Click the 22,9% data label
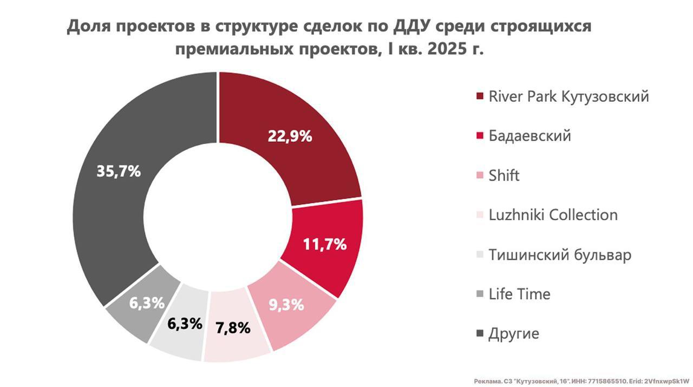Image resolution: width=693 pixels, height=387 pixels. tap(290, 136)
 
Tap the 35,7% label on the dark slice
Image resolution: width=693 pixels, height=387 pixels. tap(119, 171)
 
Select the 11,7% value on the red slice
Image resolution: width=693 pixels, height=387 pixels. tap(325, 245)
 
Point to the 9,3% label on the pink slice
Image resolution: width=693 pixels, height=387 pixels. tap(286, 305)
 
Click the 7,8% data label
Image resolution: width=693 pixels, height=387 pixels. tap(233, 327)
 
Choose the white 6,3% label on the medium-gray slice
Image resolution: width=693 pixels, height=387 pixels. tap(147, 303)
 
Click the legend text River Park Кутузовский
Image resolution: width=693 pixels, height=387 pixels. tap(568, 97)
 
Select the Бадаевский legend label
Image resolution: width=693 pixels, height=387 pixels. tap(529, 136)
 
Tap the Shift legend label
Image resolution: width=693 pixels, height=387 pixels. tap(504, 175)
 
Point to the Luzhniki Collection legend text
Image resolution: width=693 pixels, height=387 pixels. tap(553, 215)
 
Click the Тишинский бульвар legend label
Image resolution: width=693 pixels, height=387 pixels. tap(560, 254)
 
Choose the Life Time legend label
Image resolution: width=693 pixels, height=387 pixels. tap(519, 294)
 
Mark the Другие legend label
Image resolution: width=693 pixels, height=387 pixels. tap(514, 333)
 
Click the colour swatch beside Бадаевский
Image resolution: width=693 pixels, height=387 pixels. tap(480, 136)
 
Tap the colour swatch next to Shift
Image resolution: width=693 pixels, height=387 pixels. tap(480, 176)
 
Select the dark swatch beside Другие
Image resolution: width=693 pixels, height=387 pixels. tap(480, 334)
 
